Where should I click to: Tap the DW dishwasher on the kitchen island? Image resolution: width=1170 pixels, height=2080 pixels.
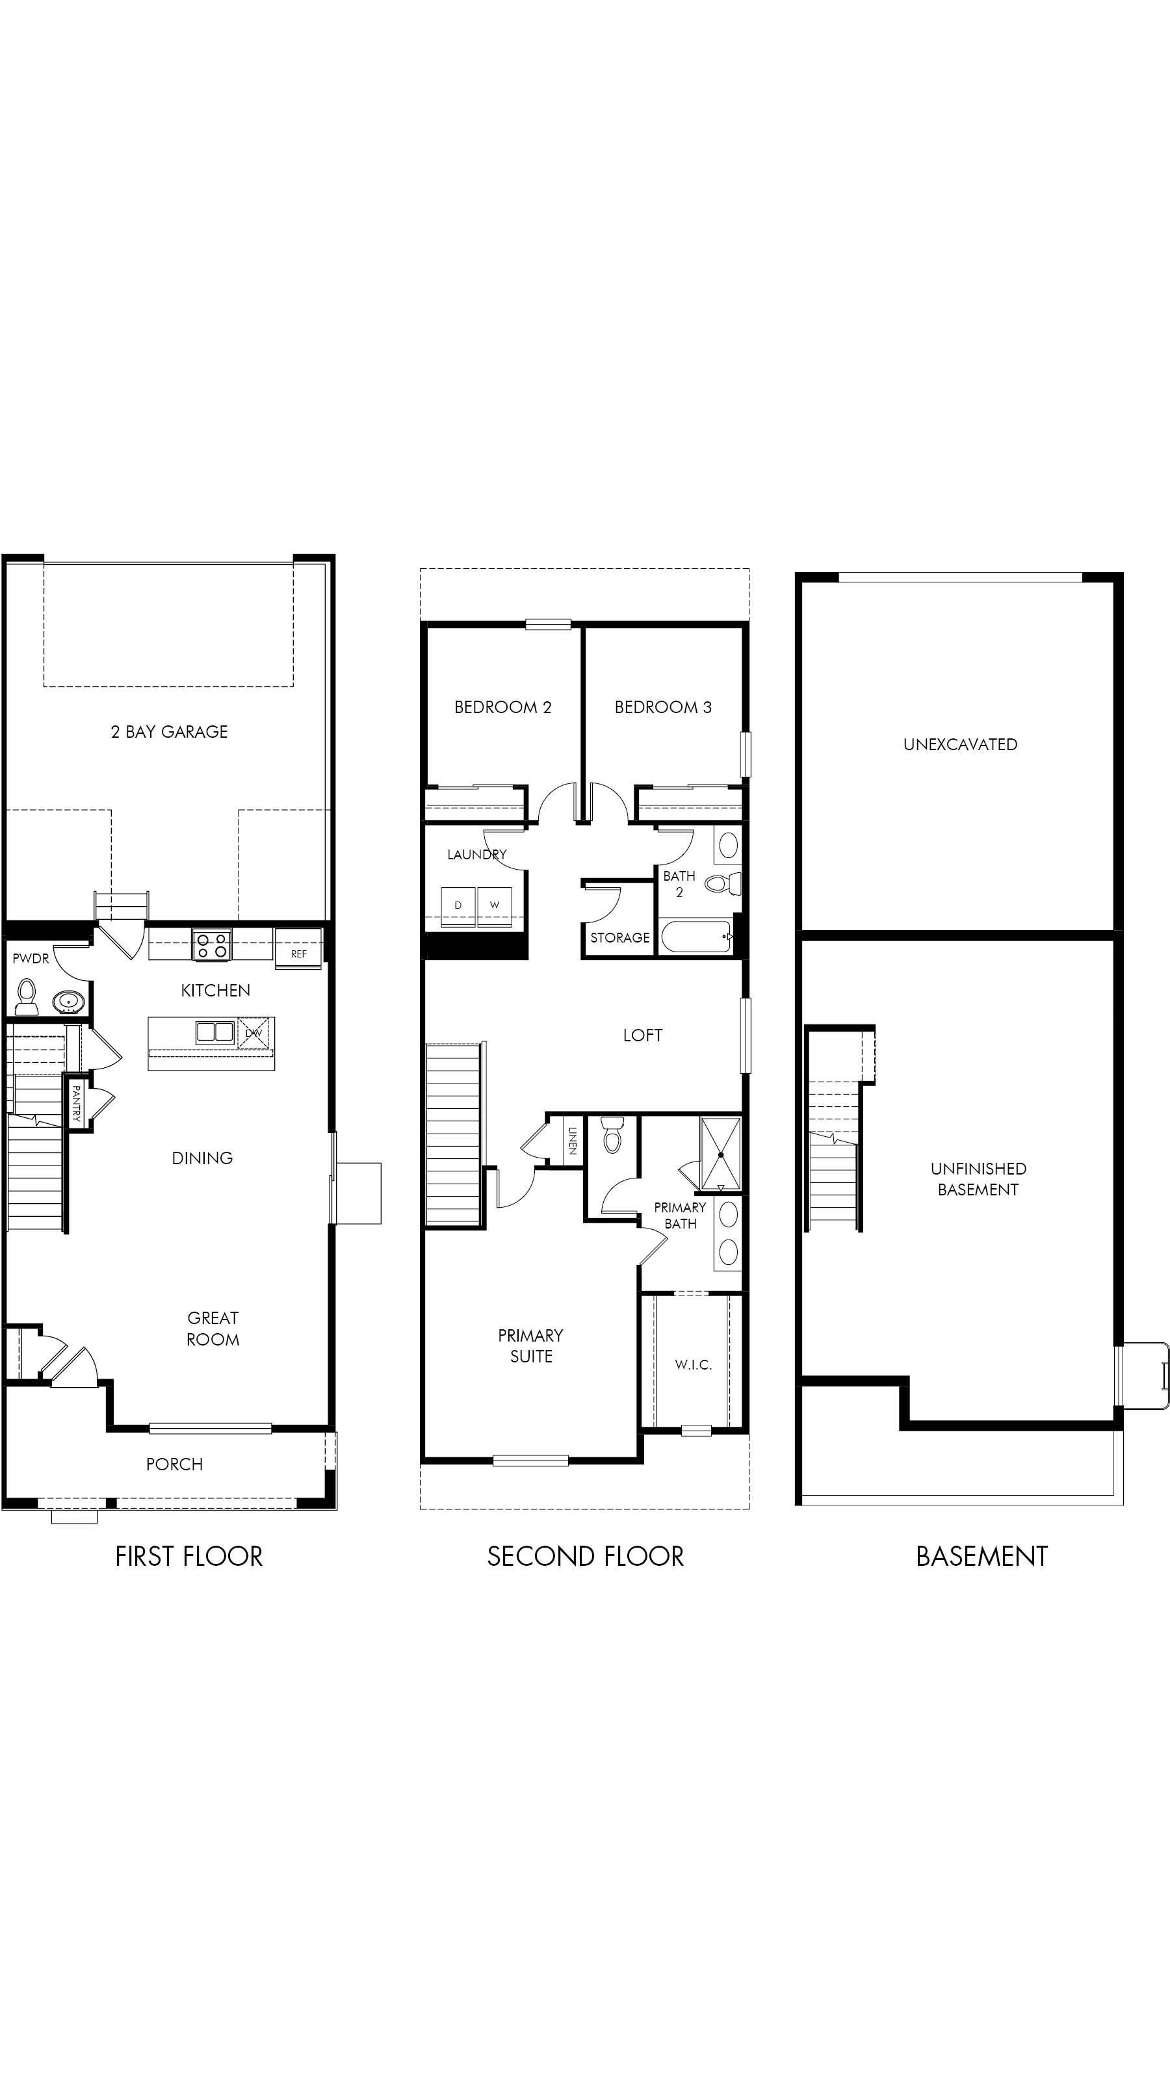[x=253, y=1033]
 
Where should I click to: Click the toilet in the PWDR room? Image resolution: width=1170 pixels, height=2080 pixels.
[x=27, y=996]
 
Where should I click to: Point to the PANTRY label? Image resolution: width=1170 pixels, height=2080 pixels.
[x=76, y=1103]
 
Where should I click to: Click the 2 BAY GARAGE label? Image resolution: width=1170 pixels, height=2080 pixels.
[x=169, y=731]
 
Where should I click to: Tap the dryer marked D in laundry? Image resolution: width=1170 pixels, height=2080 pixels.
[x=458, y=905]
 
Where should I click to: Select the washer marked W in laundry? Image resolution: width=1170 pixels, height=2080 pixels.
[x=494, y=905]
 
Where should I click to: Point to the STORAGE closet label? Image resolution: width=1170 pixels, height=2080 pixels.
[x=619, y=937]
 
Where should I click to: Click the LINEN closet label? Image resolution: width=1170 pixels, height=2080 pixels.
[x=572, y=1140]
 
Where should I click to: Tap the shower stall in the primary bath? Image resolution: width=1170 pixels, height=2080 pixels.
[x=720, y=1154]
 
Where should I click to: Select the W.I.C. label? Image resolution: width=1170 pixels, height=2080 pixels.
[x=693, y=1364]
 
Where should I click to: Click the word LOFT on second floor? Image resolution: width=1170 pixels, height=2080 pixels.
[x=642, y=1035]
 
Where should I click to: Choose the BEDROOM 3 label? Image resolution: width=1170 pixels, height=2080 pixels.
[x=662, y=707]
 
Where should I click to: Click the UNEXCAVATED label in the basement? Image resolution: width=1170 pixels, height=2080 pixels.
[x=959, y=744]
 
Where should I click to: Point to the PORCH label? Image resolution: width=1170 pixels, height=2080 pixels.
[x=174, y=1464]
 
